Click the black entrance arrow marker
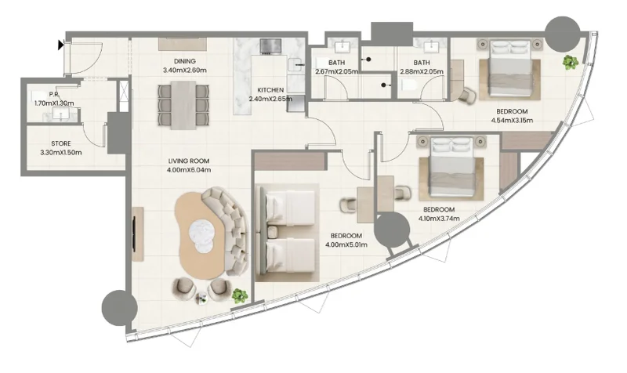click(61, 45)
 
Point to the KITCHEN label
click(270, 90)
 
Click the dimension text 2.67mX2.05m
click(335, 71)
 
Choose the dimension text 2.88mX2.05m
click(422, 71)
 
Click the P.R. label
click(54, 95)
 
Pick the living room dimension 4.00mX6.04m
click(190, 170)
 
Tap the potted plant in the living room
click(240, 295)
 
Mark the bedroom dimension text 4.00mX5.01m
click(346, 244)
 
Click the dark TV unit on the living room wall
click(137, 234)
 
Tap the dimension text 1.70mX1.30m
click(54, 103)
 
